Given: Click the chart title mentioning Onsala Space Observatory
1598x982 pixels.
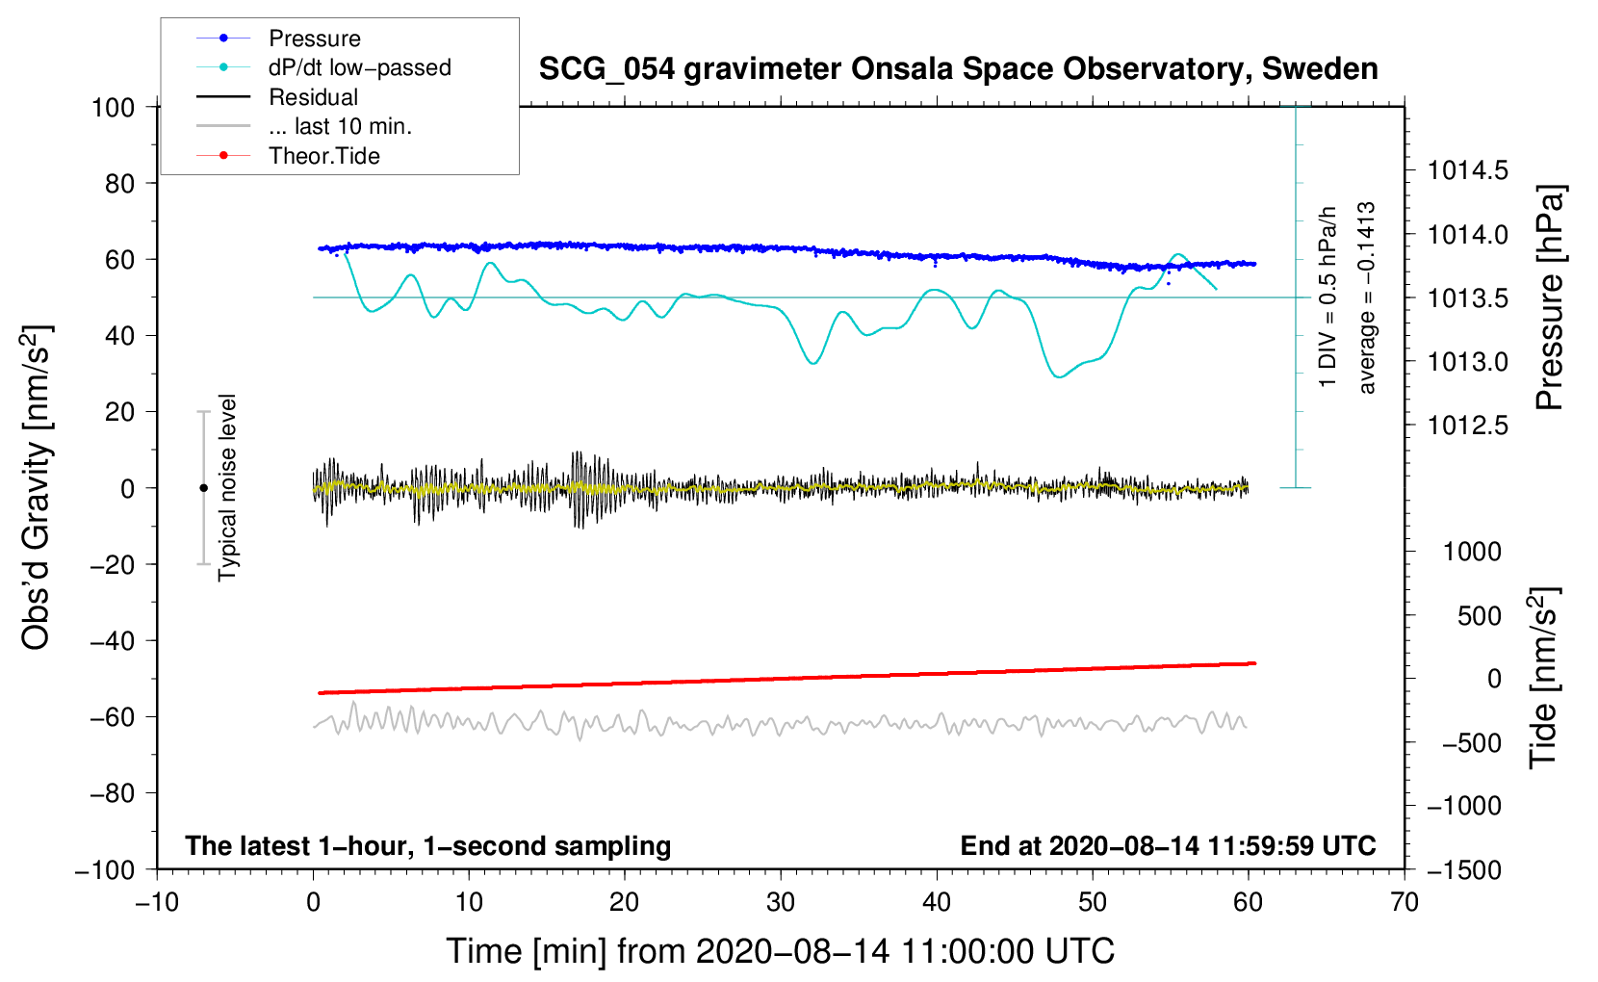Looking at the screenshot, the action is (x=958, y=69).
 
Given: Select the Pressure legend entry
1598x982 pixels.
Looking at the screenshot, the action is (x=278, y=38).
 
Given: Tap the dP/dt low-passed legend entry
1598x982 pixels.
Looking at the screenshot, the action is (x=323, y=67).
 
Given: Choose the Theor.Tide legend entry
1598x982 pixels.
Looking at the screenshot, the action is (x=288, y=156).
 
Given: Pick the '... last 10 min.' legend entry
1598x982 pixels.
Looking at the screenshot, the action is (x=304, y=126).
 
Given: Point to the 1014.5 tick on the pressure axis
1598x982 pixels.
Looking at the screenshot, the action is (x=1467, y=170).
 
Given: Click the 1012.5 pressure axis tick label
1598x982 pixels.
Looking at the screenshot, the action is (x=1467, y=426).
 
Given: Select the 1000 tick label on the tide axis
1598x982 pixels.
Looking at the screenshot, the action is (x=1472, y=552).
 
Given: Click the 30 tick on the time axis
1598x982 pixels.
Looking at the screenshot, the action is (x=781, y=902).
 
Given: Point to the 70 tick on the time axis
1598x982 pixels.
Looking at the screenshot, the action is (x=1404, y=902).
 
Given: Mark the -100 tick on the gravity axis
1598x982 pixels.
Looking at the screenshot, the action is (x=106, y=870).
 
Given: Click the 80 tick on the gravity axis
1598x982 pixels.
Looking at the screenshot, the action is (x=119, y=184).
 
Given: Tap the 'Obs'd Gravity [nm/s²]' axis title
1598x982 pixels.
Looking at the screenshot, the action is (x=36, y=487).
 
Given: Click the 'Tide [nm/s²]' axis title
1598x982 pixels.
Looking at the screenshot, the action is (x=1544, y=678).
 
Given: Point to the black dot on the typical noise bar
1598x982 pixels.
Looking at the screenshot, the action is (x=203, y=488).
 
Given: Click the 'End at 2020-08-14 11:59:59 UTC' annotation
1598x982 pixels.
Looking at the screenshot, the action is (x=1168, y=845).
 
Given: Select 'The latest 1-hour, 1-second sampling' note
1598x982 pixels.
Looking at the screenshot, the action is (x=428, y=846).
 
